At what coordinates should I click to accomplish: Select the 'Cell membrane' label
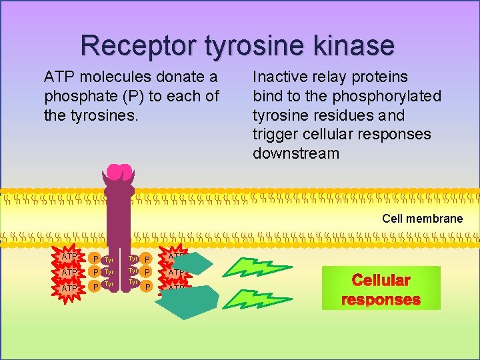click(x=422, y=219)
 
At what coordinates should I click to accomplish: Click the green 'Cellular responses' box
click(x=381, y=289)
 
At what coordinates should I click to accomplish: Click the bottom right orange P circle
click(x=147, y=287)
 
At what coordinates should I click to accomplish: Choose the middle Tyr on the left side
click(x=109, y=272)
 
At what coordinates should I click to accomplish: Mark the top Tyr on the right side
click(x=133, y=259)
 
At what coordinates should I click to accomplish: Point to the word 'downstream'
click(x=295, y=154)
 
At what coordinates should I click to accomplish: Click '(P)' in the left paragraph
click(x=132, y=96)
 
